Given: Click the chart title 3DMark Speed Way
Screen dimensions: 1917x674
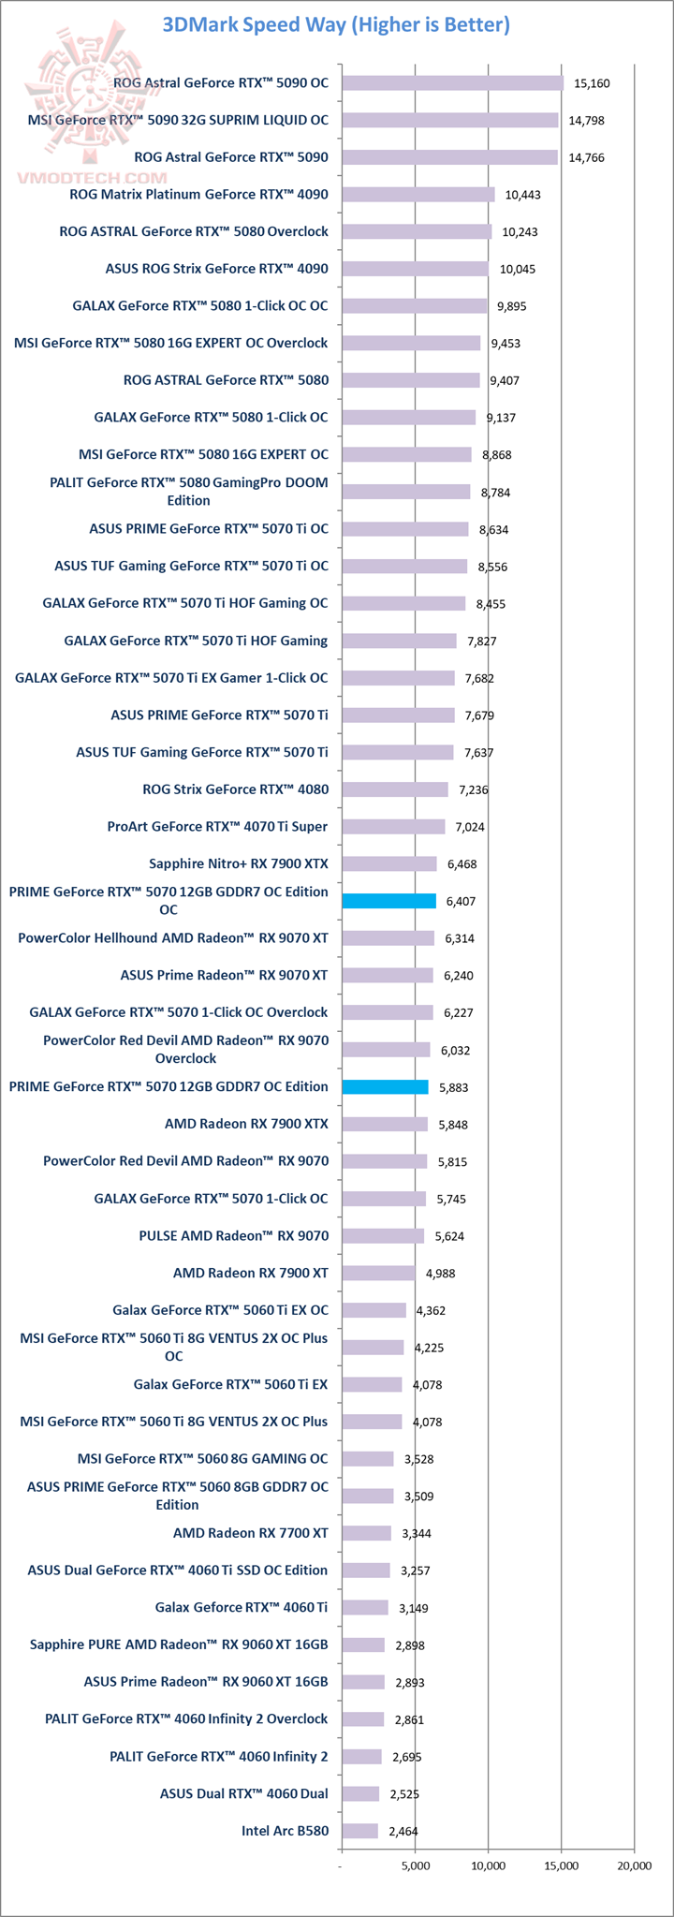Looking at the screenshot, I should pos(336,24).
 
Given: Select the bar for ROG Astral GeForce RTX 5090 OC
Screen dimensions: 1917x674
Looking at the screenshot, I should pos(452,83).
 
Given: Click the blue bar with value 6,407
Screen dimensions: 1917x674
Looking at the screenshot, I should pos(388,901).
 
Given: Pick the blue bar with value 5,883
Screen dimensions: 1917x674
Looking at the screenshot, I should pos(385,1087).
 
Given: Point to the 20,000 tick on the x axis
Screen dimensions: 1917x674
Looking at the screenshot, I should pos(635,1865).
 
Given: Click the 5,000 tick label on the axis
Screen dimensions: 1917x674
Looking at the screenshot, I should pos(416,1865).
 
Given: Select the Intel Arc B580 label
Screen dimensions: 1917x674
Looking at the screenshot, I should pos(285,1830).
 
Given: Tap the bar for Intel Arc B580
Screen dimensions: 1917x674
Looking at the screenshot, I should pos(359,1831).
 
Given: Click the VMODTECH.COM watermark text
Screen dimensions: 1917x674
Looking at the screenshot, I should pos(92,177).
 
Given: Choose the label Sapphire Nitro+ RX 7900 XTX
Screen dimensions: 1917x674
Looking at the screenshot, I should pos(239,863).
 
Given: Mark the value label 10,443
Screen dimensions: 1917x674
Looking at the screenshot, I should pos(522,195).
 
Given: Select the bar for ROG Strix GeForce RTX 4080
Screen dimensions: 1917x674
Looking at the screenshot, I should pos(394,789).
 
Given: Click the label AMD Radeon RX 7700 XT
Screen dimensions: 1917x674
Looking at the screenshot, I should pos(250,1533).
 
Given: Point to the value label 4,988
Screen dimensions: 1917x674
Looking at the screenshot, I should pos(440,1274).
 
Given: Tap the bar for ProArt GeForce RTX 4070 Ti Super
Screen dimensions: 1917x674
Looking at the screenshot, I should pos(393,827).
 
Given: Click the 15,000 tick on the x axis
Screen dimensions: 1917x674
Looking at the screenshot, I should pos(562,1865).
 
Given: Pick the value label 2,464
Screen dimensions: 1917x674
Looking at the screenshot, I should pos(403,1831).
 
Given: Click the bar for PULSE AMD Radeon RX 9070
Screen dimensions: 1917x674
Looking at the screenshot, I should pos(383,1236).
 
